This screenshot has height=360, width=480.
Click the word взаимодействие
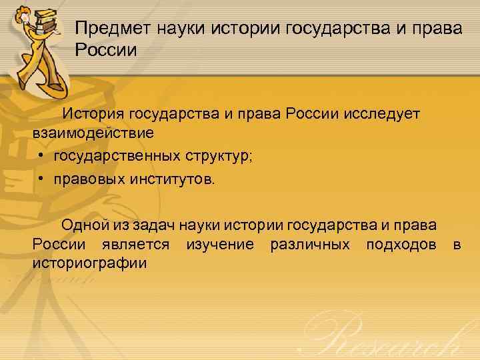click(x=93, y=133)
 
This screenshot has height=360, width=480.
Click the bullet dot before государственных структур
click(x=41, y=156)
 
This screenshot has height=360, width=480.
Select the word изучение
click(x=219, y=244)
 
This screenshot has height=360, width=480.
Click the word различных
click(x=310, y=244)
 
